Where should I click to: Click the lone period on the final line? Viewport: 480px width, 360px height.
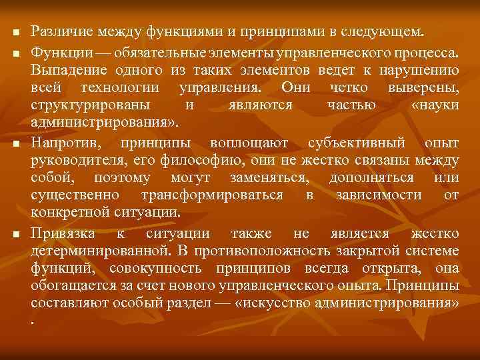(x=33, y=321)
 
